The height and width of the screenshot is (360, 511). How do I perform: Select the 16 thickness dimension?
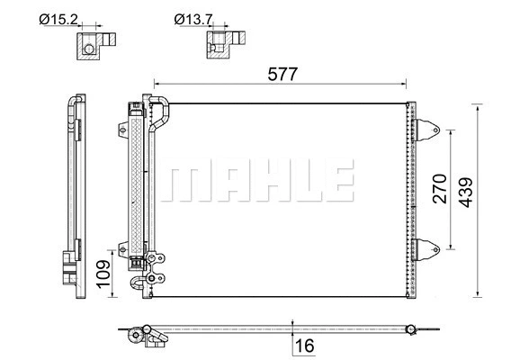(307, 344)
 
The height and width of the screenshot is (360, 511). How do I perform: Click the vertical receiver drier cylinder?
(138, 180)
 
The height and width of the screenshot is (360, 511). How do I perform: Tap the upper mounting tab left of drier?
(121, 129)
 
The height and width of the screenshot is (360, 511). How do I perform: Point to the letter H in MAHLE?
(255, 183)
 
